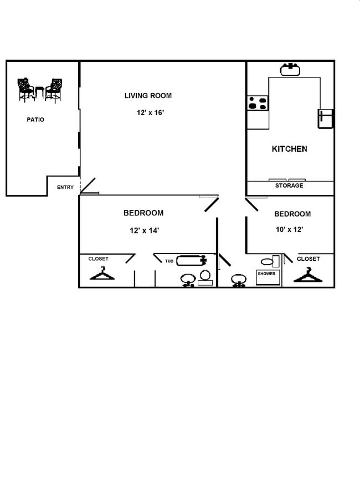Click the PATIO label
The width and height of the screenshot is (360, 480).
[x=35, y=120]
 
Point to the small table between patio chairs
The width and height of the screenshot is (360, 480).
[x=39, y=92]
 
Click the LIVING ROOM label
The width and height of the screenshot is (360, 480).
[x=148, y=96]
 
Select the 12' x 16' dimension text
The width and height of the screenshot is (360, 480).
[x=150, y=112]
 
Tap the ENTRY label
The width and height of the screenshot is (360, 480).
[x=65, y=187]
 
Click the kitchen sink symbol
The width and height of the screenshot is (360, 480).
[x=290, y=69]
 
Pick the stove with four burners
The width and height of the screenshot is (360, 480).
[x=258, y=104]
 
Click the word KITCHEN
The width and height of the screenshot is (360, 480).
[x=289, y=149]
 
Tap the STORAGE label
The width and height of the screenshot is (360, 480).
[x=289, y=185]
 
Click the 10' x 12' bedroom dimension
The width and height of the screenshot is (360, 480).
[x=289, y=229]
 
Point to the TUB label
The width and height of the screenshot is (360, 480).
[x=169, y=261]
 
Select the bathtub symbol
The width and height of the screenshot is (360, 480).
[x=192, y=260]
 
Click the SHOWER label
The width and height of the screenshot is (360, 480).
[x=266, y=273]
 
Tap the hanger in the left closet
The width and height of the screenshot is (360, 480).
[x=102, y=273]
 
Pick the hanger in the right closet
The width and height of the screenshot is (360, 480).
[x=307, y=275]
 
